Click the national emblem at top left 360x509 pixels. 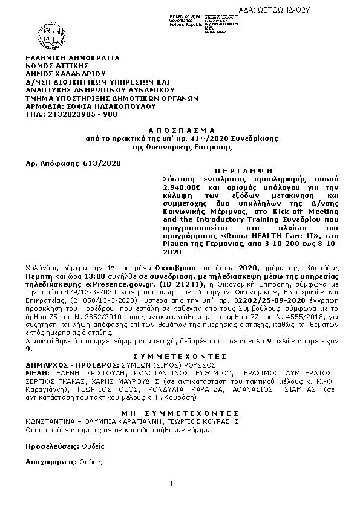tap(56, 31)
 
